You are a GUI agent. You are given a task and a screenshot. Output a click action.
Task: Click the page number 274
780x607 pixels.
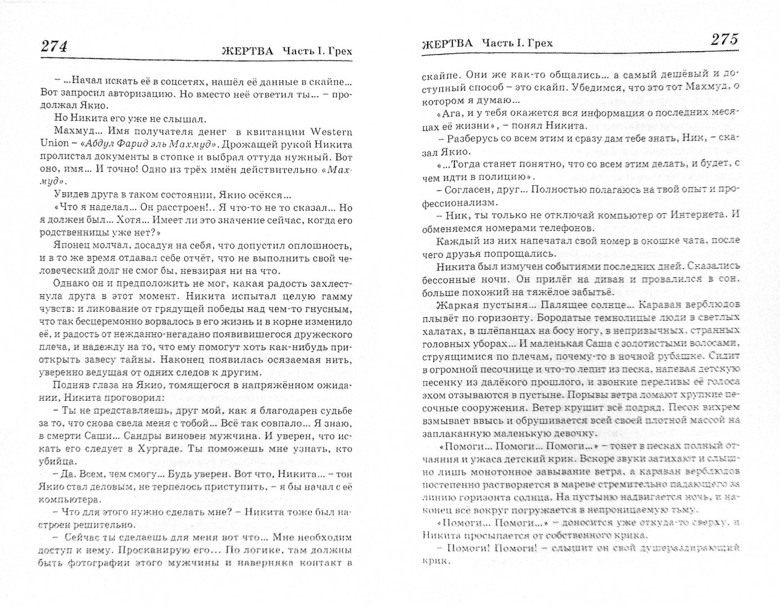tap(55, 47)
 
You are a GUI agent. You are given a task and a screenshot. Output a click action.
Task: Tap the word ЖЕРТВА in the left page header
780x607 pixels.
tap(247, 51)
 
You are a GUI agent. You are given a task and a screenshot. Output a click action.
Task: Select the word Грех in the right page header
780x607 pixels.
tap(540, 43)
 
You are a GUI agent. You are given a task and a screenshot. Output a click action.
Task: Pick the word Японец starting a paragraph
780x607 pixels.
tap(71, 244)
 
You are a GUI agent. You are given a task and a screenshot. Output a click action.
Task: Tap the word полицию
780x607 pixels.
tap(498, 178)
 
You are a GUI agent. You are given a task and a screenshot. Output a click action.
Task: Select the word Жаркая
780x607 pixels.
tap(454, 305)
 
